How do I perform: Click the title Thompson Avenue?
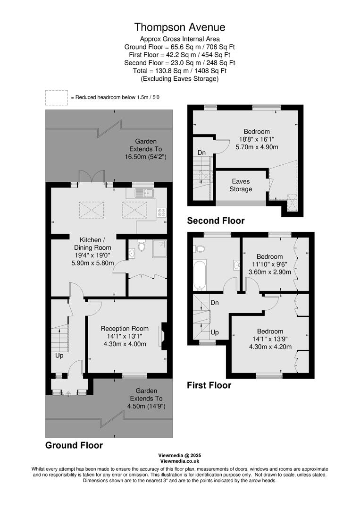[180, 27]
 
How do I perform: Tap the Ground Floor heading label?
[74, 445]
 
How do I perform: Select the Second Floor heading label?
[216, 221]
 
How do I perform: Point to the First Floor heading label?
[209, 385]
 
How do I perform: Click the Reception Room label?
[125, 329]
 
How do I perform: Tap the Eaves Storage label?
[241, 185]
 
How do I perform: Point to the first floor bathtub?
[200, 274]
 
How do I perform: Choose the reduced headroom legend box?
[57, 97]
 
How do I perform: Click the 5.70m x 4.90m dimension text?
[257, 147]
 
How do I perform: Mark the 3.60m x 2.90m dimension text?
[270, 272]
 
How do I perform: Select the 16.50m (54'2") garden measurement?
[146, 157]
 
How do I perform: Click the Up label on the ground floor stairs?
[60, 355]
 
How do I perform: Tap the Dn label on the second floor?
[201, 153]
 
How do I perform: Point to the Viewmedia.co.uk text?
[180, 461]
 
